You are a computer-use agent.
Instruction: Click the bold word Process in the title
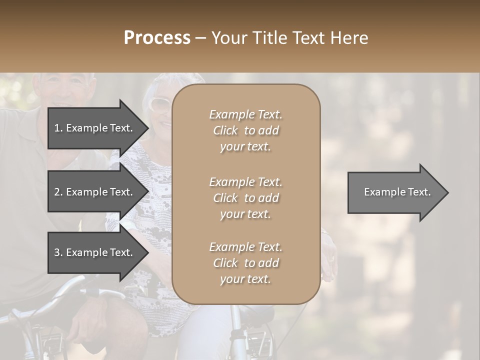tap(157, 38)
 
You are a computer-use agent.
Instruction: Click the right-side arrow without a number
tap(397, 192)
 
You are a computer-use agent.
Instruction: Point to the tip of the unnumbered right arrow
tap(447, 192)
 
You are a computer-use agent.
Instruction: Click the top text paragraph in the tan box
tap(245, 130)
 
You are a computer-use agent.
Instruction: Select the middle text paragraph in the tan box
tap(245, 198)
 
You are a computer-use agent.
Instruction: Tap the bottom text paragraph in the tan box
tap(245, 263)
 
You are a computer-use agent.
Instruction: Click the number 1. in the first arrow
tap(58, 128)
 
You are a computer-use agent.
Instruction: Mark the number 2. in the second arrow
tap(58, 192)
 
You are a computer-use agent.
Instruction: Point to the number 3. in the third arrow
tap(58, 252)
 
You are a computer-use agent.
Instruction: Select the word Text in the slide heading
tap(305, 38)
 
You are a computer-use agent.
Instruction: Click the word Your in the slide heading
tap(227, 38)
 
